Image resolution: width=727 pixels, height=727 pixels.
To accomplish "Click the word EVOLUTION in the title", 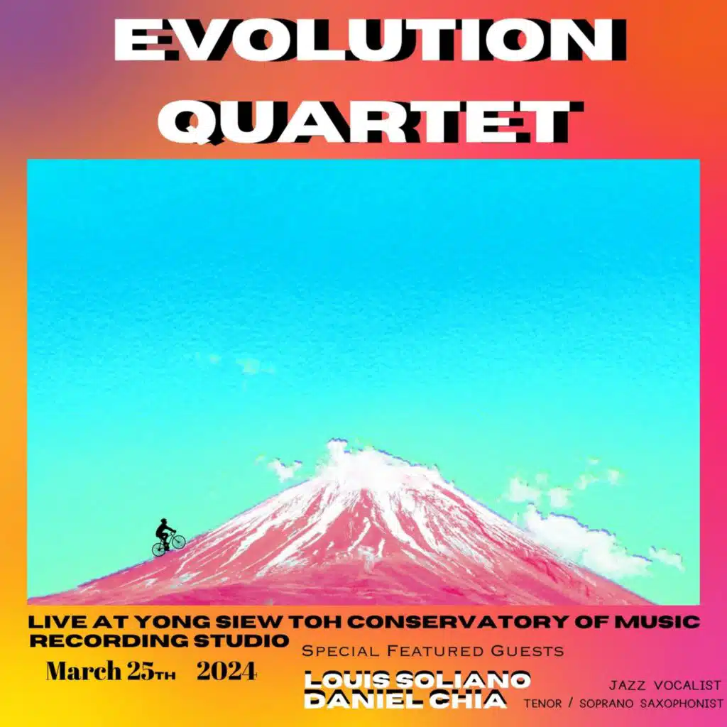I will coord(363,40).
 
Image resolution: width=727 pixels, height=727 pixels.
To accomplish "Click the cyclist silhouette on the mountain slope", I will coord(167,538).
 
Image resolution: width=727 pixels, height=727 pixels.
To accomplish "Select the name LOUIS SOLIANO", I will coord(417,679).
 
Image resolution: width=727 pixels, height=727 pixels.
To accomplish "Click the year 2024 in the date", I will coord(226,671).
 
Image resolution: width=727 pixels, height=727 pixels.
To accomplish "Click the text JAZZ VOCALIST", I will coord(665,685).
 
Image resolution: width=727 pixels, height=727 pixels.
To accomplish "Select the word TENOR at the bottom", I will coord(542,704).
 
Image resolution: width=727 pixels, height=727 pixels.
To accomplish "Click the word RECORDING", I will coord(116,640).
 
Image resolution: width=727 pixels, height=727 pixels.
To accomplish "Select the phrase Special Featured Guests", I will coord(433,651).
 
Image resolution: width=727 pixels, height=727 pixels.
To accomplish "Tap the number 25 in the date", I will coord(135,671).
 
